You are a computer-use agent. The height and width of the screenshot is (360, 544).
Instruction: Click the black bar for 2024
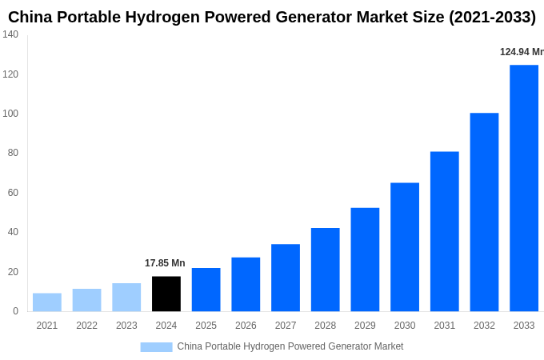166,294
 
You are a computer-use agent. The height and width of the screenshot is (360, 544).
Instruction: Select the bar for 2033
524,188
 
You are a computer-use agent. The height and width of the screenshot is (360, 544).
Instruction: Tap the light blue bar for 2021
47,302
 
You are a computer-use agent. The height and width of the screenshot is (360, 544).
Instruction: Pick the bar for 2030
405,247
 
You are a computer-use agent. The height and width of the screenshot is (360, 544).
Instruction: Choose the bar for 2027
286,278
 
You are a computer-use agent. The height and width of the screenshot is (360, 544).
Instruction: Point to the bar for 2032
484,212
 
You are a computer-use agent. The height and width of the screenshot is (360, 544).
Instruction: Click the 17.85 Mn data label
165,263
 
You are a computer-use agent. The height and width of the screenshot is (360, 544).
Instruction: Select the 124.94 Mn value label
521,52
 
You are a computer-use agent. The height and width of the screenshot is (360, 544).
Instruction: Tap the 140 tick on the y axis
10,34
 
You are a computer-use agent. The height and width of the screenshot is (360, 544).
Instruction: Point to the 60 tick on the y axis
13,193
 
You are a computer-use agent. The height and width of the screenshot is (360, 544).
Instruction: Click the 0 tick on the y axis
15,311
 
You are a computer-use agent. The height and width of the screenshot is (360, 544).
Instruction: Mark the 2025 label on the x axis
206,326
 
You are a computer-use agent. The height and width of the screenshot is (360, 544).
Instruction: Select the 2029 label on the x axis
365,326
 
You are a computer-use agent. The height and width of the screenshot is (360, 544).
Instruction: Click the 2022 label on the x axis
86,326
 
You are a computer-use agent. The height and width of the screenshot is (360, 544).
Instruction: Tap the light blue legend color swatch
156,347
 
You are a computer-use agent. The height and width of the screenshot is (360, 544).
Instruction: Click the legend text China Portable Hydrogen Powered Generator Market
290,346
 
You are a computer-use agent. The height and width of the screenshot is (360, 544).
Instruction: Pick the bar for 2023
126,297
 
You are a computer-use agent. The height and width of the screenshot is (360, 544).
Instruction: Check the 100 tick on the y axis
10,114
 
